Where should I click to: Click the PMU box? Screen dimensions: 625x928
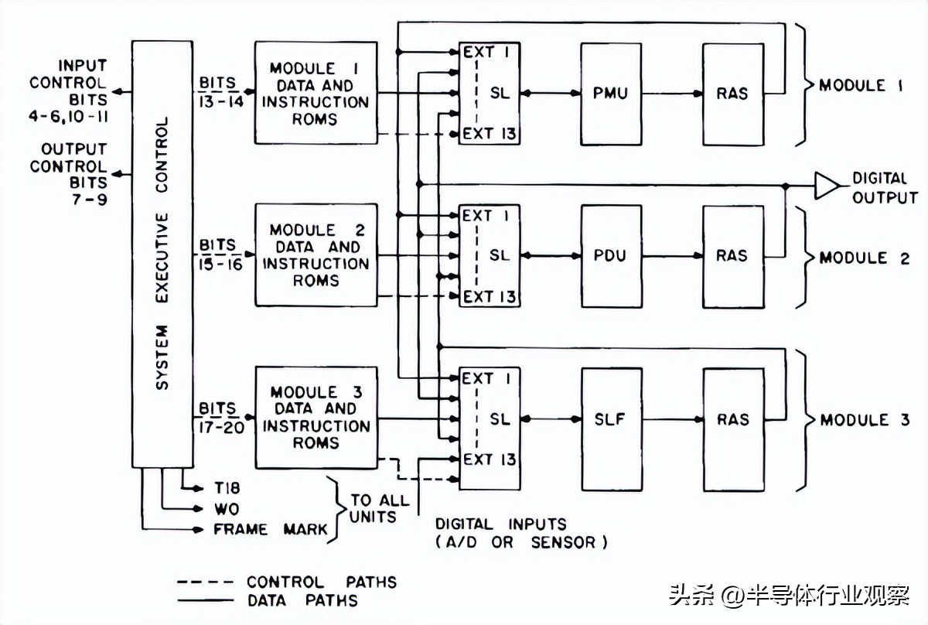(x=611, y=94)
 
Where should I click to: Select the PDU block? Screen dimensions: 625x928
(x=611, y=256)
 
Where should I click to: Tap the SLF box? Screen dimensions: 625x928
(x=611, y=419)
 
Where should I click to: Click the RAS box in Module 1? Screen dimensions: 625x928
(x=732, y=94)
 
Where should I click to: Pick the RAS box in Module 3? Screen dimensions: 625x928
(x=732, y=419)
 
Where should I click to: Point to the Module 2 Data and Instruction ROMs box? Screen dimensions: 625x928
(x=316, y=255)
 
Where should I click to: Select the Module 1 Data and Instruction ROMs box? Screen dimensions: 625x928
(x=316, y=93)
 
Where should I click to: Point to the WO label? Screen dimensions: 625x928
(x=227, y=509)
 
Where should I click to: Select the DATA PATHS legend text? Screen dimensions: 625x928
(x=302, y=600)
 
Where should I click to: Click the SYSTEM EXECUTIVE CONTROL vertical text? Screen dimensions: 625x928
(x=162, y=255)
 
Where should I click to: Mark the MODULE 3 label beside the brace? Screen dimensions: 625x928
(x=865, y=420)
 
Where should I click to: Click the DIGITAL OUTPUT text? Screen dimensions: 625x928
(x=884, y=188)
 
